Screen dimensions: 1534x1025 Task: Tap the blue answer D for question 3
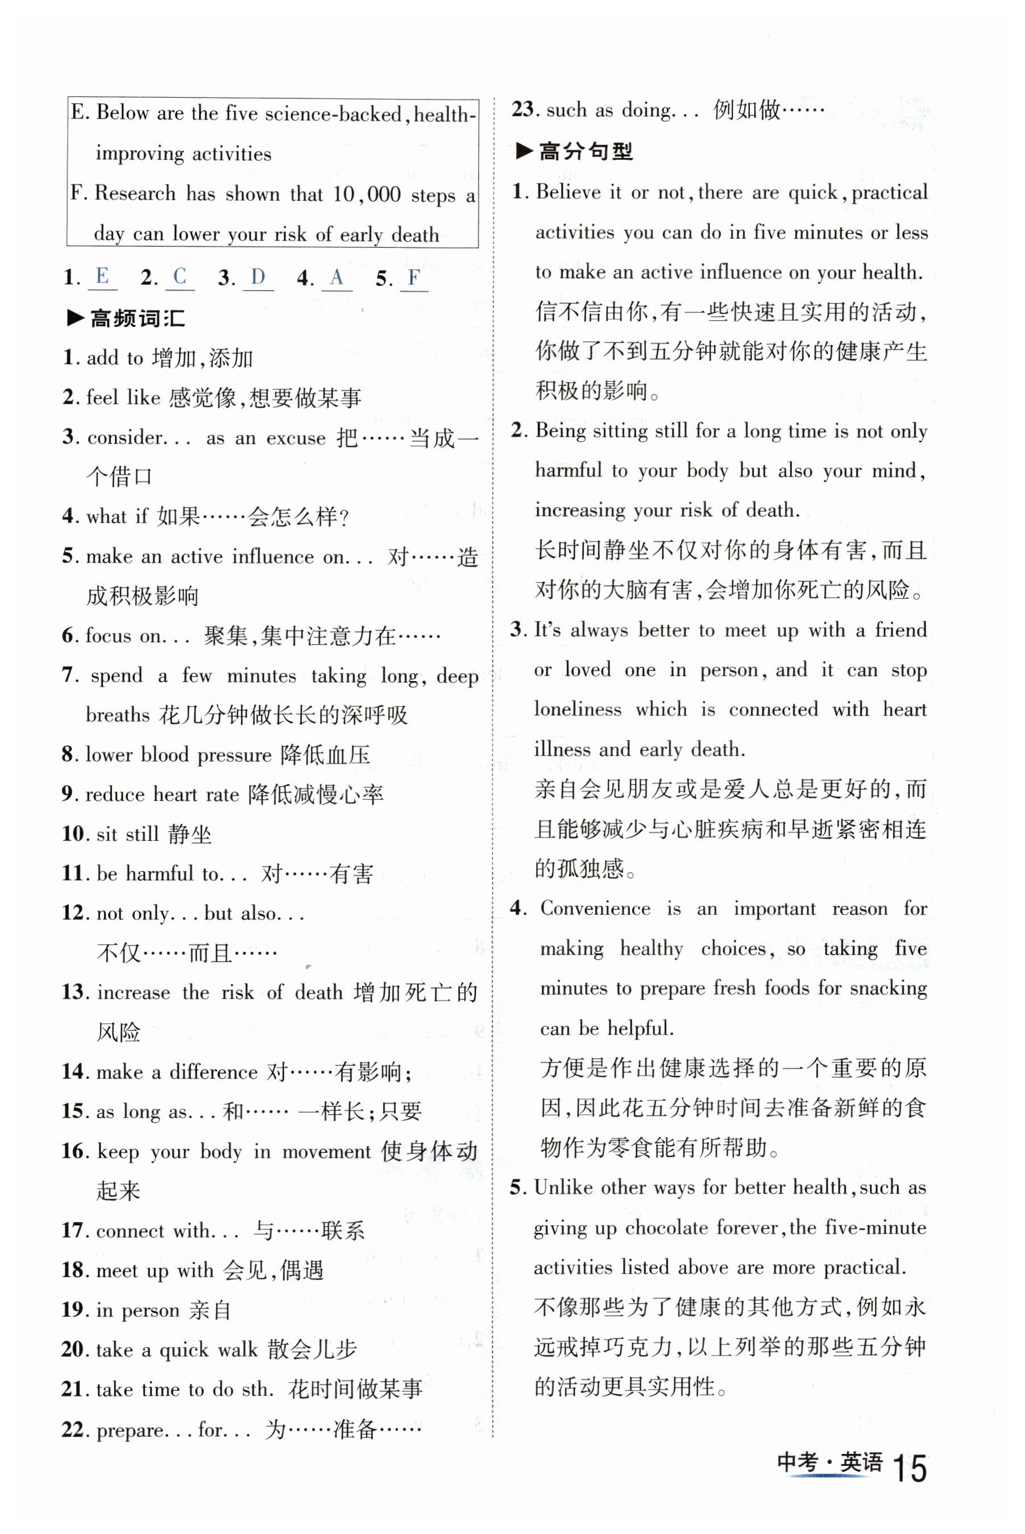[x=258, y=276]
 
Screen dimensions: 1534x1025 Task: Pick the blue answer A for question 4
[x=337, y=277]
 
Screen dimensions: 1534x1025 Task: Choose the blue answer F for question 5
[x=414, y=277]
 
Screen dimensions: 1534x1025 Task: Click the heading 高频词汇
[x=136, y=318]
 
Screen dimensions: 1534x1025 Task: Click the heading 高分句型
[x=585, y=152]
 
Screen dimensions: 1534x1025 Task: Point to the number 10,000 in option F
[x=366, y=194]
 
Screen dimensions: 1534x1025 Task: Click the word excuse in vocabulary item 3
[x=296, y=437]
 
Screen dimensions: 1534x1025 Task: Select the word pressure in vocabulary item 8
[x=234, y=755]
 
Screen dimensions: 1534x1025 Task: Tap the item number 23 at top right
[x=523, y=109]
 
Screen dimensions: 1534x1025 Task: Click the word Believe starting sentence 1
[x=568, y=192]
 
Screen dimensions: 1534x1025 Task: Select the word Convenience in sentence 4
[x=595, y=909]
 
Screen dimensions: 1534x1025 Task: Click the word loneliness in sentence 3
[x=577, y=709]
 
